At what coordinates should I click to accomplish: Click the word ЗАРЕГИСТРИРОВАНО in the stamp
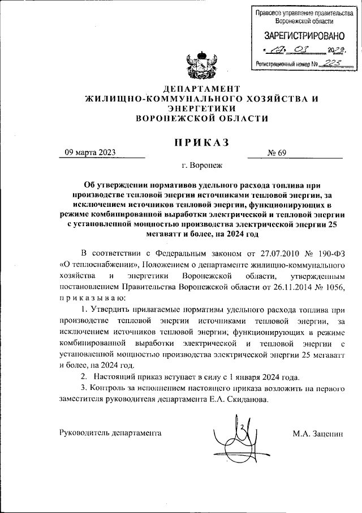296,36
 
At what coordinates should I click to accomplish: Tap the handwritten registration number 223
330,63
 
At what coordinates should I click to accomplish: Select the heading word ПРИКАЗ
201,142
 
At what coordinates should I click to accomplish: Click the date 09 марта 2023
90,152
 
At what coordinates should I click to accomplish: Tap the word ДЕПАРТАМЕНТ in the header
201,89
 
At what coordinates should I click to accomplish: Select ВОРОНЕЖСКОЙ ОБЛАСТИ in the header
201,118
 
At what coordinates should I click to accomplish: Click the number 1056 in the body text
334,287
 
